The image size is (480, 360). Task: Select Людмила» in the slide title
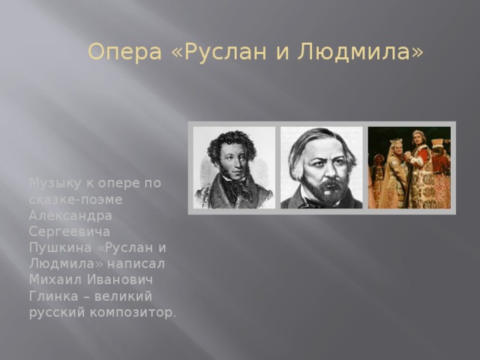click(361, 52)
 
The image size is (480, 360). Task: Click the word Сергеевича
click(69, 232)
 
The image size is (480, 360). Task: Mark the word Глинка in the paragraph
click(49, 296)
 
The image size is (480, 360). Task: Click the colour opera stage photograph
click(409, 167)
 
